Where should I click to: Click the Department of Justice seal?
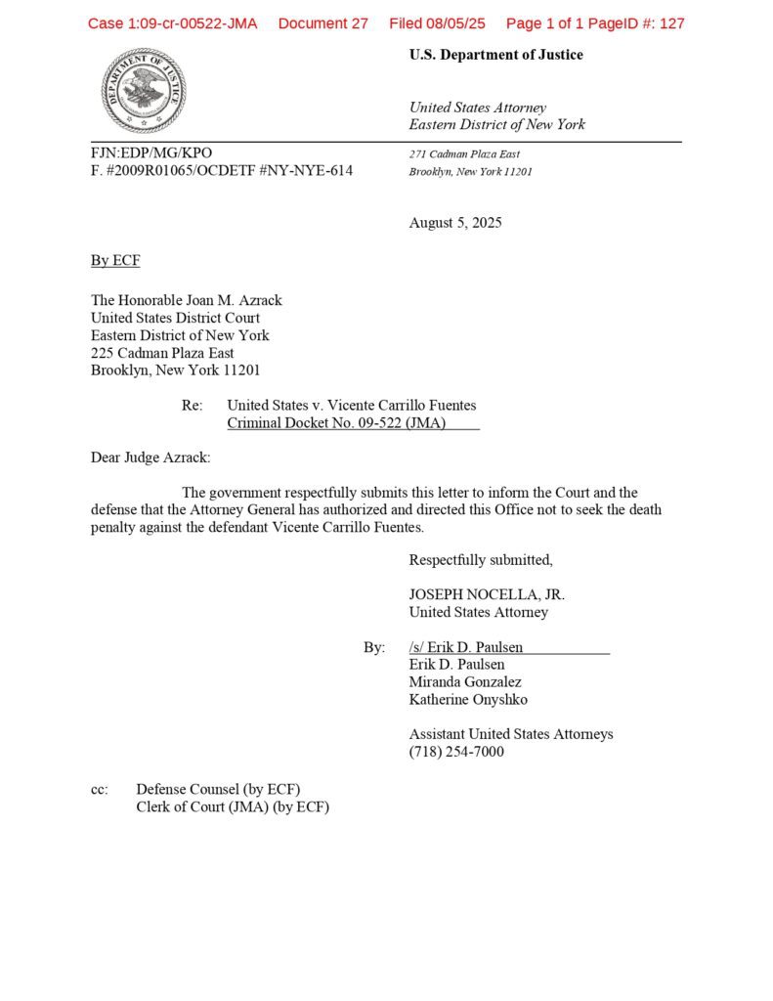point(143,91)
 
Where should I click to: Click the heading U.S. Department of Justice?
point(495,55)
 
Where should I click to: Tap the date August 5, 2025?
point(455,223)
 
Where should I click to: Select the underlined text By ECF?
point(115,260)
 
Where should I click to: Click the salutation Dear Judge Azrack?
point(150,457)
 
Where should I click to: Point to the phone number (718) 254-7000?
point(456,752)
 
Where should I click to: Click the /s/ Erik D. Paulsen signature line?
point(466,647)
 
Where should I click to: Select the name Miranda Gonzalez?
point(465,682)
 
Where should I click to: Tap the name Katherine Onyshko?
point(468,700)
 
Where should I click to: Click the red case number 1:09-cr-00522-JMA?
point(172,23)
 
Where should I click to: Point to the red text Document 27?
point(322,23)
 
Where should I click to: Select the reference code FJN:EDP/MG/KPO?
point(151,153)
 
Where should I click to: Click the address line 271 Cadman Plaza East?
point(464,154)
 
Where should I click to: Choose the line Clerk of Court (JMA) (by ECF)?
point(233,807)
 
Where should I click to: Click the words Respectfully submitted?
point(481,560)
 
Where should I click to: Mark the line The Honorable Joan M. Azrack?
point(186,300)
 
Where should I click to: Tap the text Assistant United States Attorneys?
point(511,734)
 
